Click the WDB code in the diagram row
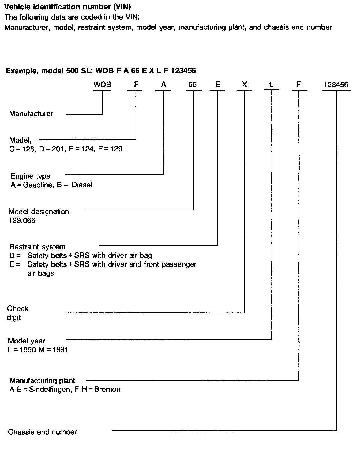click(x=102, y=85)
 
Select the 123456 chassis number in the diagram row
click(x=336, y=85)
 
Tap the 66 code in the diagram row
click(x=192, y=85)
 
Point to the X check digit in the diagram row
click(x=244, y=85)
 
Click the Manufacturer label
click(x=31, y=114)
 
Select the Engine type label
click(x=31, y=176)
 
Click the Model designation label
click(x=39, y=212)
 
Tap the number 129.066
click(x=22, y=220)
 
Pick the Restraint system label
click(x=37, y=247)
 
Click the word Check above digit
click(x=18, y=309)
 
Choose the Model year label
click(x=27, y=341)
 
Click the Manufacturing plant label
click(x=42, y=381)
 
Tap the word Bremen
click(x=108, y=389)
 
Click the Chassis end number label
click(x=42, y=432)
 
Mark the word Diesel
click(x=82, y=185)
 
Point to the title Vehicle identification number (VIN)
click(x=68, y=7)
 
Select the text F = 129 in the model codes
click(x=110, y=149)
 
